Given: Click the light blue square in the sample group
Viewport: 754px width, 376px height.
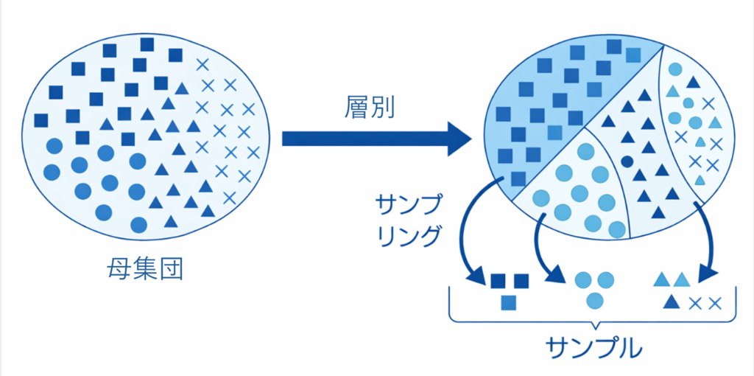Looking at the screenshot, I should (508, 302).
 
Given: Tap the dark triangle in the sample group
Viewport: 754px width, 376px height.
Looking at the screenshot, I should (671, 302).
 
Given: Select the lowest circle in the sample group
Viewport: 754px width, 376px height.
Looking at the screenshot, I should (595, 300).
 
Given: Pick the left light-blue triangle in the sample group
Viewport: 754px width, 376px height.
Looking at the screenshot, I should (661, 280).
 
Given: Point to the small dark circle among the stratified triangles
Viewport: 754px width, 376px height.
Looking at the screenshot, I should (627, 161).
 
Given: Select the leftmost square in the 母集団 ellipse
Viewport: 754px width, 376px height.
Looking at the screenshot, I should (41, 120).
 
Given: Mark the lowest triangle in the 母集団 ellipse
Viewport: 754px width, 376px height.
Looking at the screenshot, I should (171, 222).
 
